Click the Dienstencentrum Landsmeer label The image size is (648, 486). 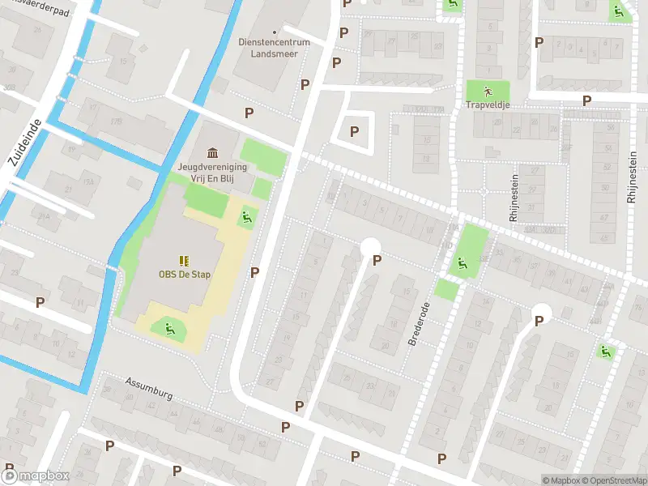point(267,49)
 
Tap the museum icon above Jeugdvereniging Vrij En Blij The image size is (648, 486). point(212,153)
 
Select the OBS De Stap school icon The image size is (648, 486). point(184,260)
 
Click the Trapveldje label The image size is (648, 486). point(487,104)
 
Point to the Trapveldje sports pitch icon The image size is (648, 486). point(487,90)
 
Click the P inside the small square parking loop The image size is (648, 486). point(353,130)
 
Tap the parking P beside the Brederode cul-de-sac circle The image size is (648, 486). point(376,260)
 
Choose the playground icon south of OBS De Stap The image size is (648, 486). point(170,328)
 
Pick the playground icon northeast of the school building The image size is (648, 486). point(245,216)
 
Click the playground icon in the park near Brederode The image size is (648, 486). point(461,262)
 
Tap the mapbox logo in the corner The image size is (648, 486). point(36,475)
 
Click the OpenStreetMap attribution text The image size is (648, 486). point(614,480)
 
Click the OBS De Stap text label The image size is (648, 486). point(184,275)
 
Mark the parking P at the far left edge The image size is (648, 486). point(40,302)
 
